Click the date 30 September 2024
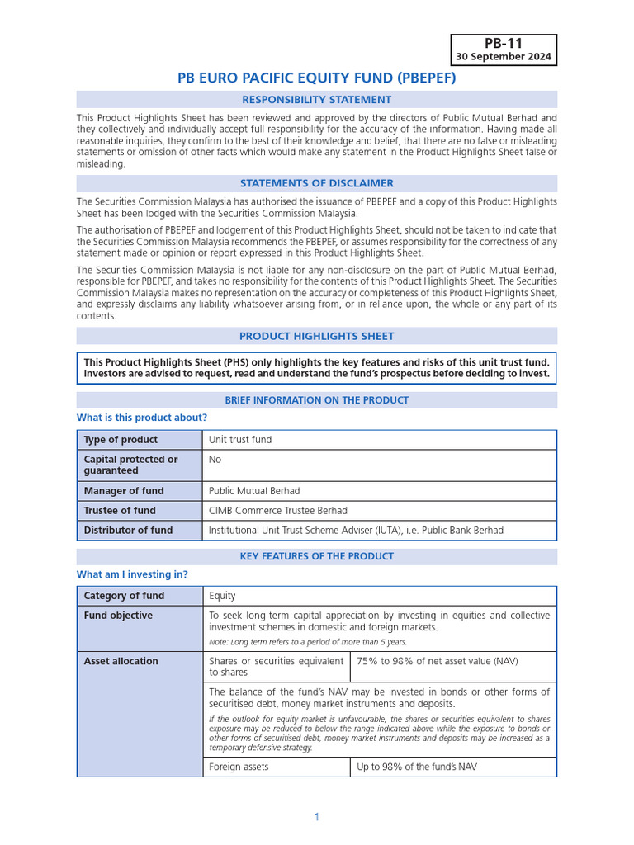(503, 57)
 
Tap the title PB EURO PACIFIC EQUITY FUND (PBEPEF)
(316, 78)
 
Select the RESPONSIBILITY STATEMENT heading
(316, 100)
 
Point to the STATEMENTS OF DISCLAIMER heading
(316, 183)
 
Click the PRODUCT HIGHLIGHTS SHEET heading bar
(316, 336)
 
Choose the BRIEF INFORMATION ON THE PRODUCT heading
(316, 400)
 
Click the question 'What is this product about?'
(142, 418)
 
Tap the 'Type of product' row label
(121, 440)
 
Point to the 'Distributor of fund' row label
(128, 531)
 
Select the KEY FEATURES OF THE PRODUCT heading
(316, 556)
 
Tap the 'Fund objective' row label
(118, 616)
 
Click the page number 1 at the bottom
(316, 817)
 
